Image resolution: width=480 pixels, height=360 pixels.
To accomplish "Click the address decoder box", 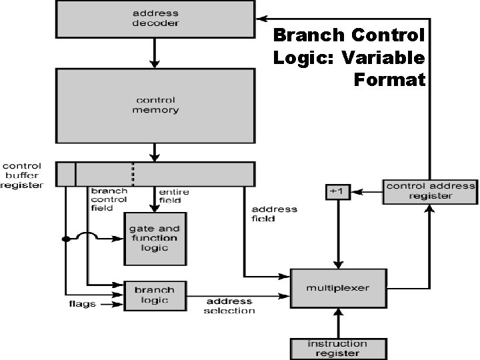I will tap(155, 19).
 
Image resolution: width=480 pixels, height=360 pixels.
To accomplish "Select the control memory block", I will tap(155, 105).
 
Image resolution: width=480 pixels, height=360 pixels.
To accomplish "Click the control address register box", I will tap(430, 191).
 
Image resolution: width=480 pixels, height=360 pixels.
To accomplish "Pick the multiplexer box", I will tap(338, 288).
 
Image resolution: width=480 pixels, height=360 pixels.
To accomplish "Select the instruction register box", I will tap(338, 348).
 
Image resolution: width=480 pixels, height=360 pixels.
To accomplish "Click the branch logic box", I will tap(155, 295).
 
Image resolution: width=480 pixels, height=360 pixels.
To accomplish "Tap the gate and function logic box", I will tap(155, 238).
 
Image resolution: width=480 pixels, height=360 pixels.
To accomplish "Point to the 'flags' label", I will tap(83, 304).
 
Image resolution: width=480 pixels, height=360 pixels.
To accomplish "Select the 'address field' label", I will tap(274, 213).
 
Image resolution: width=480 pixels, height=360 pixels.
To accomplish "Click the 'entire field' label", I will tap(173, 196).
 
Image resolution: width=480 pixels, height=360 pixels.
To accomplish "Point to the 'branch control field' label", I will tap(109, 199).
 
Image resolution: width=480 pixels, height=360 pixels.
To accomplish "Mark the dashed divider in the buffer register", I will tap(133, 173).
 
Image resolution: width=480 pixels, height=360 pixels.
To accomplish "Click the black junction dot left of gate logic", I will tap(65, 239).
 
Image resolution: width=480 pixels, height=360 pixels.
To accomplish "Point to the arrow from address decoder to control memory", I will tap(155, 53).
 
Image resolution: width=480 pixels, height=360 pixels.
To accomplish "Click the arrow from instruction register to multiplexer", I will tap(338, 323).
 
